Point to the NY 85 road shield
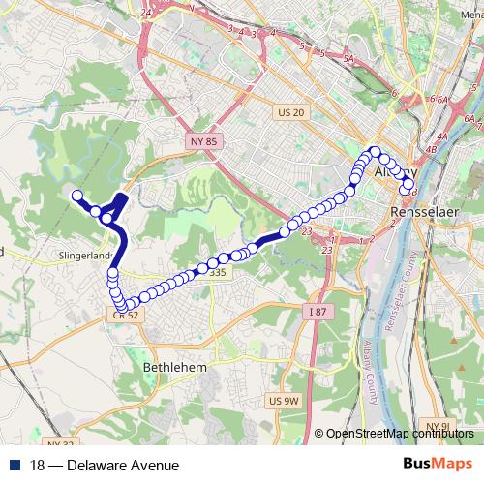199,142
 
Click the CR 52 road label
127,315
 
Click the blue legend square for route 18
14,465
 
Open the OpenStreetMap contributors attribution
399,435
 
